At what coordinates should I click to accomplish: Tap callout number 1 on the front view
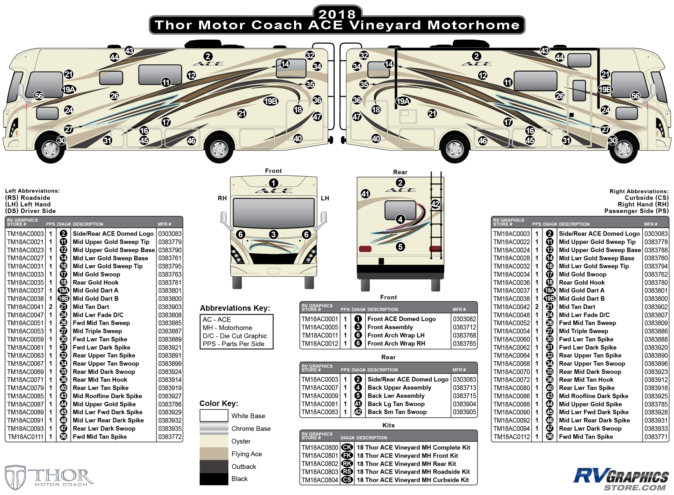click(273, 183)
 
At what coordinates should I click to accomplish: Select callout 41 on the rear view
click(365, 194)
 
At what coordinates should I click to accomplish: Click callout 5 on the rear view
click(400, 247)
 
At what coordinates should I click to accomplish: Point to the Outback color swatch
click(214, 466)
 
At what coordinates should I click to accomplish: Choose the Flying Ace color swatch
click(214, 454)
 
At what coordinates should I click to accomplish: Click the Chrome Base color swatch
click(214, 428)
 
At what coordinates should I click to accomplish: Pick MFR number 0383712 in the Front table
click(464, 327)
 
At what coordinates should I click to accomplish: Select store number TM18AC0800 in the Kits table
click(319, 447)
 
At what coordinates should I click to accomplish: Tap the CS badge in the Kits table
click(347, 480)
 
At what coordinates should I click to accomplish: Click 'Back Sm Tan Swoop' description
click(397, 412)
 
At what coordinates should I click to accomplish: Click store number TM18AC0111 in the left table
click(26, 437)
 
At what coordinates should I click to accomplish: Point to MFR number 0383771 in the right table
click(656, 437)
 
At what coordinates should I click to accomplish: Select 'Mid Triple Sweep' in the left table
click(97, 331)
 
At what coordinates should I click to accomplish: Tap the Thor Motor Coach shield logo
click(15, 477)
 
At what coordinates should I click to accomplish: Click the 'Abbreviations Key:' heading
click(235, 308)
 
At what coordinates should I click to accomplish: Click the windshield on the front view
click(274, 212)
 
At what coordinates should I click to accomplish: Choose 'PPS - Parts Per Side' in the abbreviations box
click(233, 344)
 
